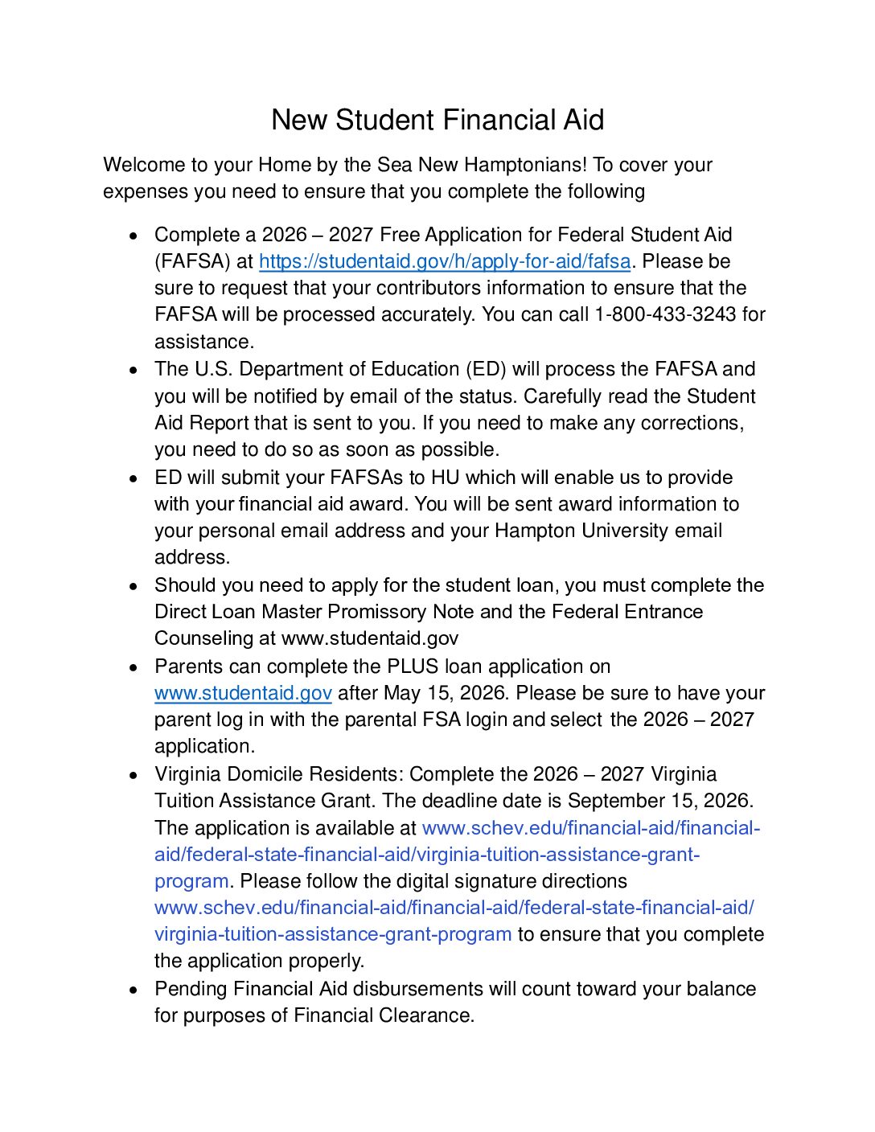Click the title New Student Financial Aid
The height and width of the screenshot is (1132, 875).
tap(437, 120)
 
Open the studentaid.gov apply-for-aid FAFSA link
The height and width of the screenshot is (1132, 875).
tap(445, 261)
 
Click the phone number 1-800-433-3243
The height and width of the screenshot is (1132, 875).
tap(665, 314)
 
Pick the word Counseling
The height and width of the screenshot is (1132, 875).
tap(204, 638)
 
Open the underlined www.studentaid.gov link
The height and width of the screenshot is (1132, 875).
tap(243, 693)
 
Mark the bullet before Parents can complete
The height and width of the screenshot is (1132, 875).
tap(134, 667)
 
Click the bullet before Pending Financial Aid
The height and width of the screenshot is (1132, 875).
tap(134, 990)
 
